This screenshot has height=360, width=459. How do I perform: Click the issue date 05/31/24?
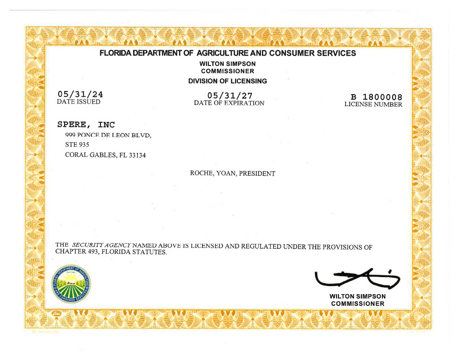click(x=80, y=94)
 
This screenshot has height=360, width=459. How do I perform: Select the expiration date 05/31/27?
click(x=230, y=95)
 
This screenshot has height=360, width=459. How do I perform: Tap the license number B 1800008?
click(x=377, y=97)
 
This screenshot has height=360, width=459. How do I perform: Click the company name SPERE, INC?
click(x=86, y=125)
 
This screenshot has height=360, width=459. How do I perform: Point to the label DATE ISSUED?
click(x=78, y=102)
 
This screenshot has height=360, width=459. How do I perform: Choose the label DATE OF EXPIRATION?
click(x=229, y=103)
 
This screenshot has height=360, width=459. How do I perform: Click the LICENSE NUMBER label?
click(x=373, y=104)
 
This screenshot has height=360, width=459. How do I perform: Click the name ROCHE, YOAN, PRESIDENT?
click(x=232, y=173)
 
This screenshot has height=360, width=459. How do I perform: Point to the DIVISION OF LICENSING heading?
click(x=227, y=81)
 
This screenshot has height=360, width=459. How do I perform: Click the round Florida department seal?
click(x=72, y=284)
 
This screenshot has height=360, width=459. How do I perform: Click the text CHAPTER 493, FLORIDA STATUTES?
click(x=111, y=252)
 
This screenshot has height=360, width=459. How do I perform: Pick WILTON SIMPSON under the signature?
click(x=357, y=296)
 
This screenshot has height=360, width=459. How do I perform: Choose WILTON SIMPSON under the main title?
click(x=227, y=64)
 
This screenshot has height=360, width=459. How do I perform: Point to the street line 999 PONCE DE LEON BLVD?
click(x=108, y=135)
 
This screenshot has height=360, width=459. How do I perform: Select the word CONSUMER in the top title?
click(x=293, y=53)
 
